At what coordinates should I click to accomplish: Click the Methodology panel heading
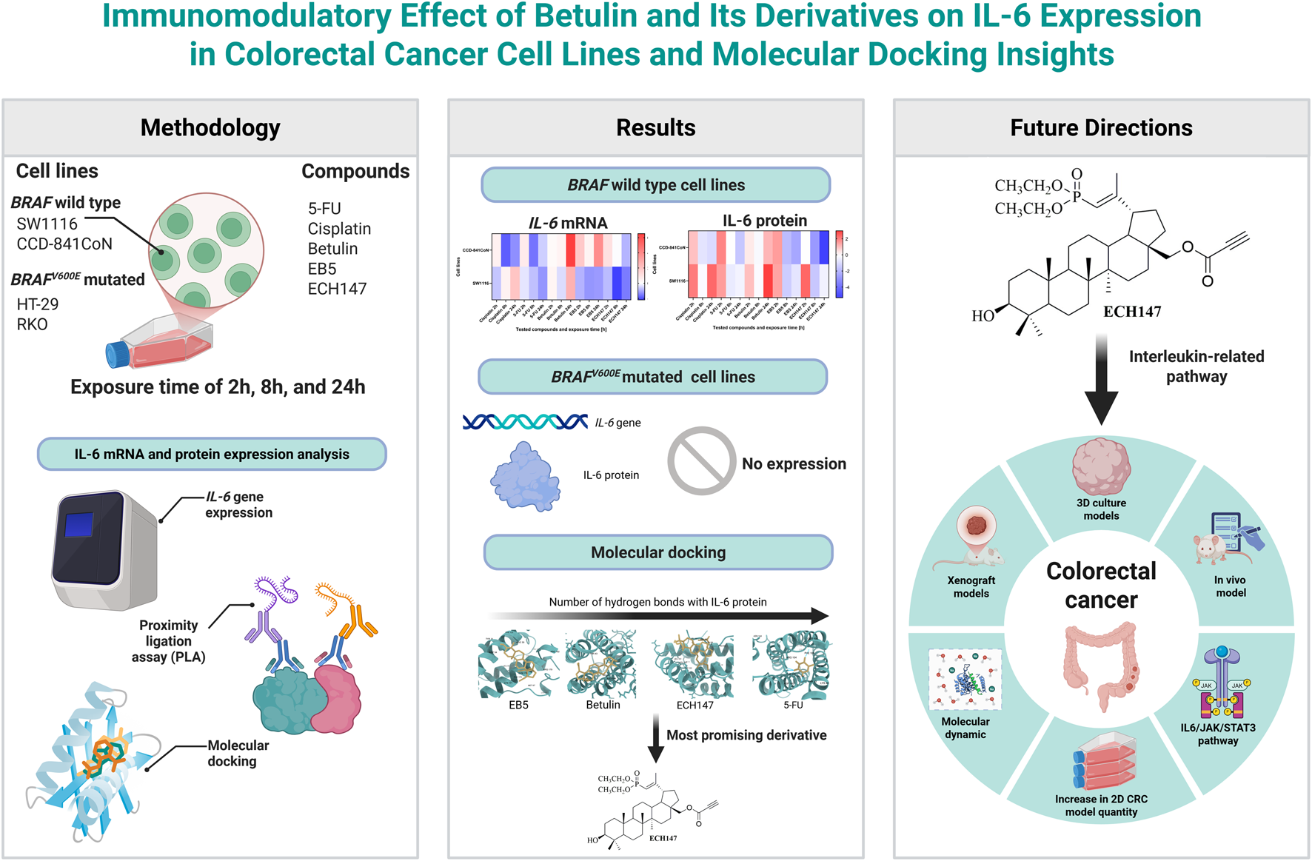click(x=210, y=128)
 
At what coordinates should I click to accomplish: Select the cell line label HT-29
click(x=38, y=304)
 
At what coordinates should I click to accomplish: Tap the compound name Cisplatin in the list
click(x=339, y=229)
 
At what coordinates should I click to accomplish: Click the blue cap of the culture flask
click(x=117, y=355)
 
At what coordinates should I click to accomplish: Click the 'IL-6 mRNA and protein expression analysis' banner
click(x=212, y=455)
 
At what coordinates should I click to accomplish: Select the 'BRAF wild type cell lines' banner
click(x=656, y=185)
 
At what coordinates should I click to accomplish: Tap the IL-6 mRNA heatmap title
click(x=568, y=223)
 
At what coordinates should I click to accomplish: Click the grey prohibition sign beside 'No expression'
click(x=700, y=460)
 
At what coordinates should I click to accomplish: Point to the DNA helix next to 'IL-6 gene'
click(x=525, y=422)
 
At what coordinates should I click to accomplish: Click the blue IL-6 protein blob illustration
click(x=525, y=478)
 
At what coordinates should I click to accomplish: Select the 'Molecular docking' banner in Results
click(x=658, y=552)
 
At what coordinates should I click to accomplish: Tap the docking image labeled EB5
click(x=518, y=664)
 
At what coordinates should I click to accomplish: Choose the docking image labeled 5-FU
click(x=792, y=664)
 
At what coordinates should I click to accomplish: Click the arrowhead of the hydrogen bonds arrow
click(x=819, y=615)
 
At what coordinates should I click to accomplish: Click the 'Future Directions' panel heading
click(x=1101, y=128)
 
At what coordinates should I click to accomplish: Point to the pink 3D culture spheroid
click(x=1101, y=467)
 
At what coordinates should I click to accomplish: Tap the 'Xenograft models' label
click(x=971, y=587)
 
